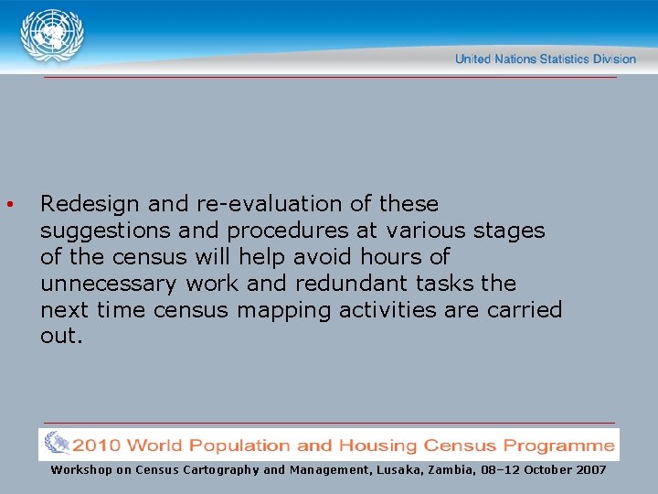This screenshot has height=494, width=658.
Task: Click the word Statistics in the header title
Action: tap(567, 59)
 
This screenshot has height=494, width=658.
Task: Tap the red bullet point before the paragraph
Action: tap(8, 203)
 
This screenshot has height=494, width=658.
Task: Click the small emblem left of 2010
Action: tap(55, 446)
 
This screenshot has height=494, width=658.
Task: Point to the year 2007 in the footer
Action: tap(589, 469)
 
